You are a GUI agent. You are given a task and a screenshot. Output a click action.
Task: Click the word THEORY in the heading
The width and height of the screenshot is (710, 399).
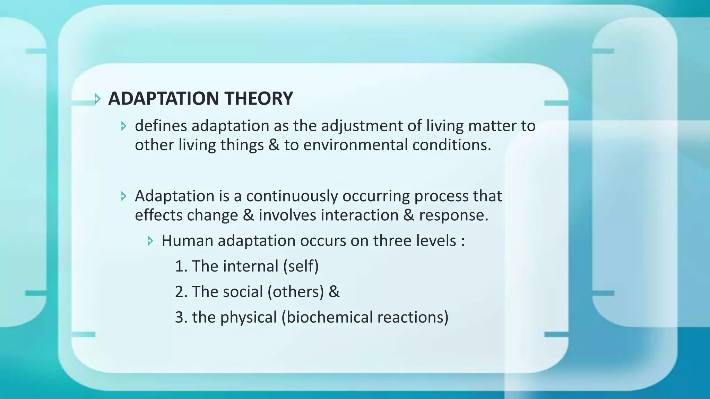(x=259, y=98)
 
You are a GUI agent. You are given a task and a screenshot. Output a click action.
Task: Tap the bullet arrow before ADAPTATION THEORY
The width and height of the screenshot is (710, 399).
(x=97, y=99)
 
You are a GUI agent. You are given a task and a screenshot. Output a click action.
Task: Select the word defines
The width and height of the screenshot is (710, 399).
(x=161, y=126)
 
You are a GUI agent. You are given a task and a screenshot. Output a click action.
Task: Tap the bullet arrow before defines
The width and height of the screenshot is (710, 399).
(x=124, y=126)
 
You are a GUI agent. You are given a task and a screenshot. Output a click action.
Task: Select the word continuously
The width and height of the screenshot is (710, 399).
(x=292, y=196)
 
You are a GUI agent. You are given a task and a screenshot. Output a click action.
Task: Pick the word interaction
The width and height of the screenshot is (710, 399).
(x=360, y=215)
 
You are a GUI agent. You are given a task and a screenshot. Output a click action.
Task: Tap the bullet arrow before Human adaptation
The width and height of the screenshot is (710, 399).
(x=150, y=241)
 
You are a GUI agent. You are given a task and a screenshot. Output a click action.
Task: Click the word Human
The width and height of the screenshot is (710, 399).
(x=187, y=241)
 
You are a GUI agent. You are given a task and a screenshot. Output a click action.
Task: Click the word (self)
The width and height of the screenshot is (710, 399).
(x=301, y=266)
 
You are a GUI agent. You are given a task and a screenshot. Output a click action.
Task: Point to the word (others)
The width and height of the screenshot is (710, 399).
(x=296, y=292)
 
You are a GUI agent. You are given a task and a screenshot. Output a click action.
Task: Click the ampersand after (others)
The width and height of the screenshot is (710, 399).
(x=334, y=292)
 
